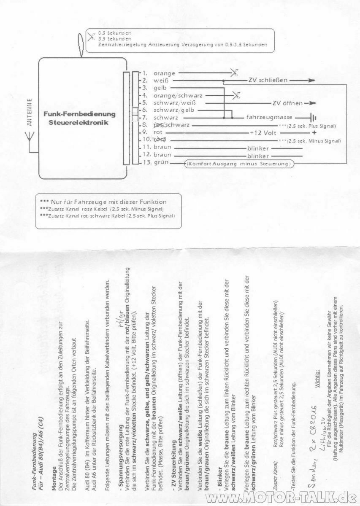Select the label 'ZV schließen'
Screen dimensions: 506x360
click(x=268, y=80)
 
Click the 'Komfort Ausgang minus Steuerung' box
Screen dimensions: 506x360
click(x=239, y=163)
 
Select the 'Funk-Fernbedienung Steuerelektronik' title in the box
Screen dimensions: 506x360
click(x=79, y=118)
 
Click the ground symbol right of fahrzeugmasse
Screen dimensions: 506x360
click(x=313, y=118)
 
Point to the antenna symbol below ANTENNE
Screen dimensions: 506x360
click(x=30, y=137)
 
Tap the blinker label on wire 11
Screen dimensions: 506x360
click(x=258, y=148)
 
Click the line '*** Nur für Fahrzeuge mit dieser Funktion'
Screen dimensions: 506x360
click(x=103, y=202)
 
